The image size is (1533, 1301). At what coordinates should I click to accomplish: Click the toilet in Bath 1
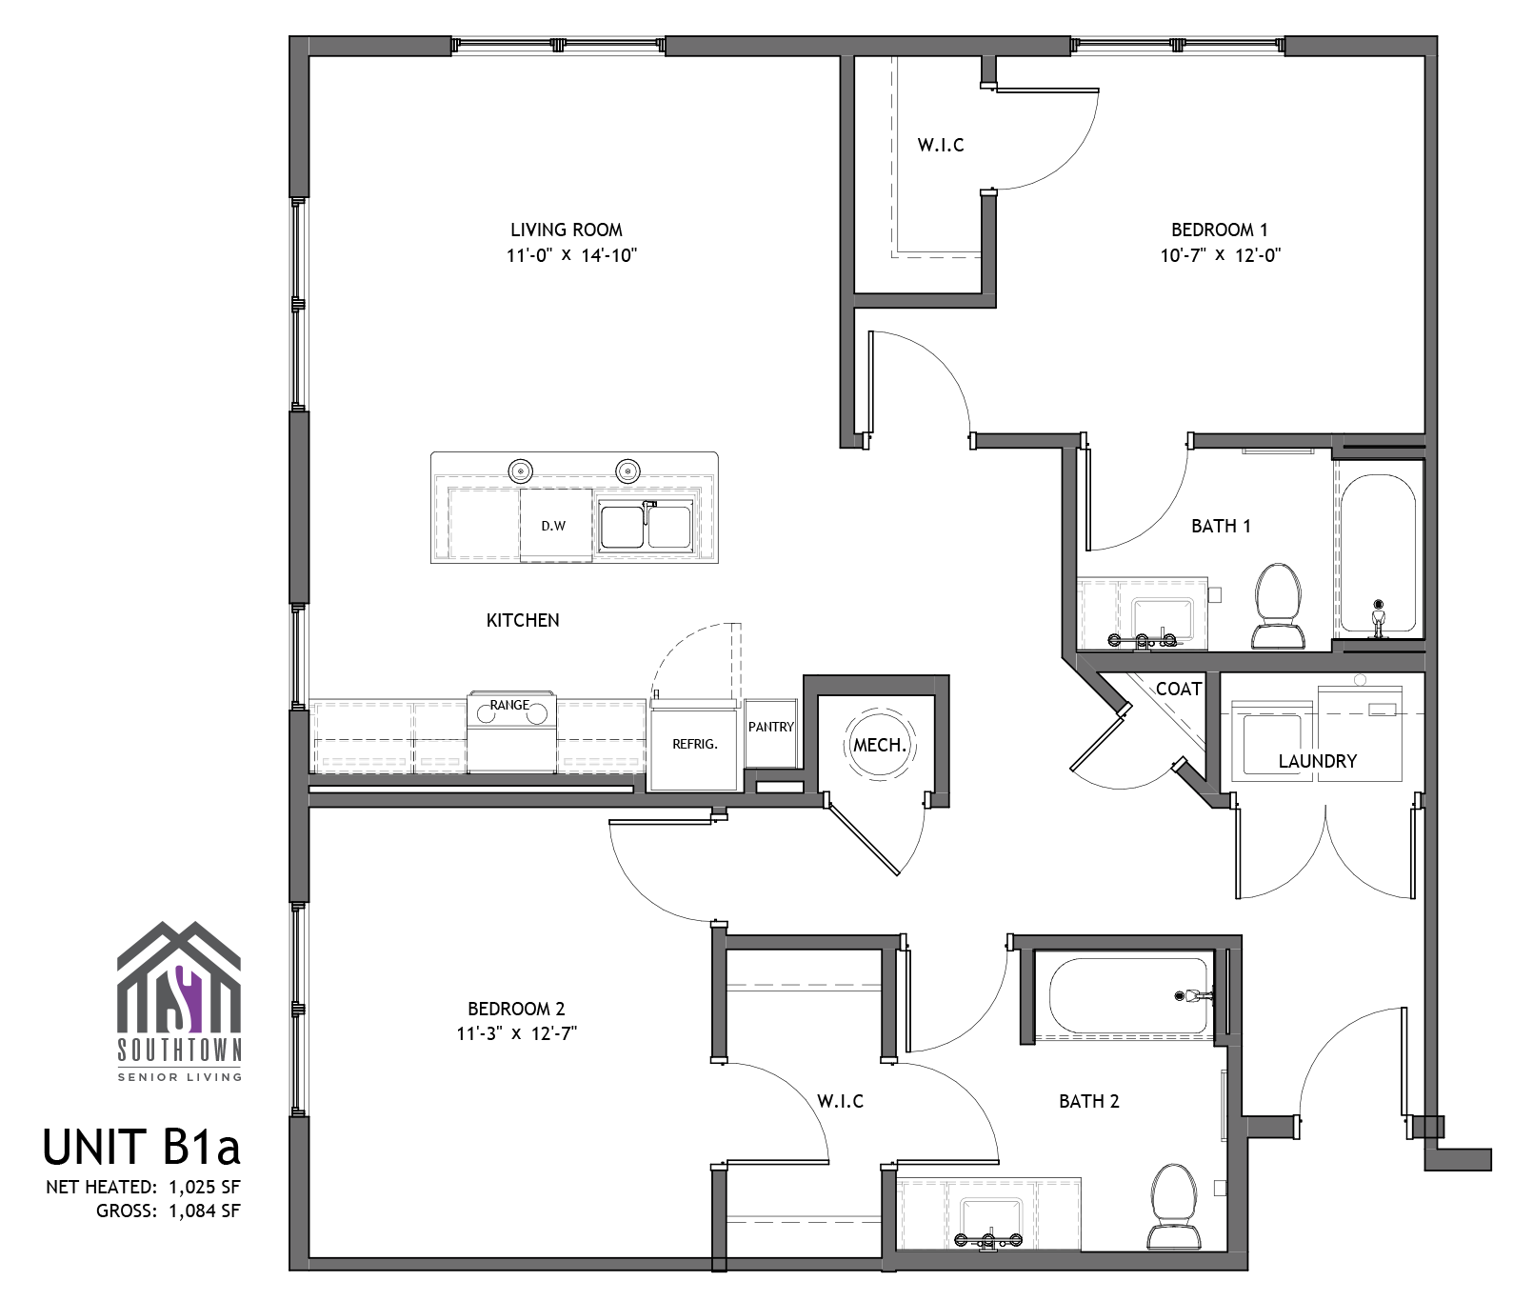[1279, 606]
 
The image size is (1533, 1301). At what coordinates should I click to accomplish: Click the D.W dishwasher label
[553, 525]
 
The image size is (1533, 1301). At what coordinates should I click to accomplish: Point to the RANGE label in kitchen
[509, 705]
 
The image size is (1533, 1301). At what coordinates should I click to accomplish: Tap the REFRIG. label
[695, 744]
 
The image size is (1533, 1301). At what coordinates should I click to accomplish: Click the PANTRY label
[771, 727]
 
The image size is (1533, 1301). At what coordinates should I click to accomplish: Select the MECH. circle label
[880, 745]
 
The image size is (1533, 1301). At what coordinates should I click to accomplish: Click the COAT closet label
[1179, 689]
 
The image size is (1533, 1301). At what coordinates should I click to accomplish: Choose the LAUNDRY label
[1318, 761]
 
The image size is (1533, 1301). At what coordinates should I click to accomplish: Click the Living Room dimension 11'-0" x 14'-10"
[571, 255]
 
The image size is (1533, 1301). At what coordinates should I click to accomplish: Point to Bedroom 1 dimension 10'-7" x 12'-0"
[1220, 255]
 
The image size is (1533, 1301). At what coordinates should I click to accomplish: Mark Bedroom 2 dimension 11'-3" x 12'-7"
[516, 1033]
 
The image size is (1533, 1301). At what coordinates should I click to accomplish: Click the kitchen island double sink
[646, 526]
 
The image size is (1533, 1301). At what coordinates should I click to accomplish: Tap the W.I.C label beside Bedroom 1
[941, 145]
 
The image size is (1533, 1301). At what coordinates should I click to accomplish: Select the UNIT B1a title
[142, 1147]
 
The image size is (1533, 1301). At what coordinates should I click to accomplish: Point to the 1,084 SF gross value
[204, 1211]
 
